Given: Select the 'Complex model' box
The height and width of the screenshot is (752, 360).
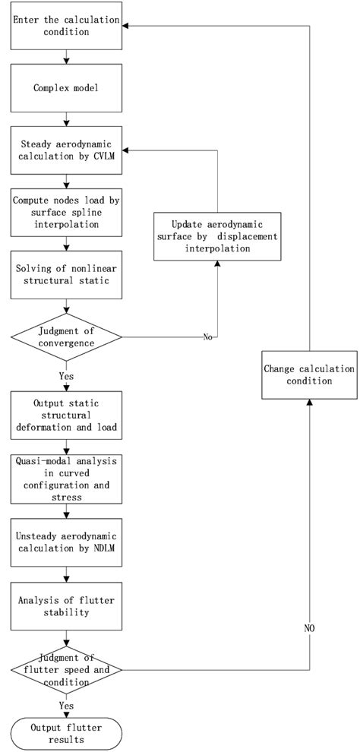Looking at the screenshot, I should click(x=67, y=87).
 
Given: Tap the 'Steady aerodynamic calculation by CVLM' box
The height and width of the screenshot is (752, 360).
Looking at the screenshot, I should click(x=67, y=150).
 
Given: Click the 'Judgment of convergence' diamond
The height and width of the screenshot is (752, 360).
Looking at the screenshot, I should click(x=67, y=336).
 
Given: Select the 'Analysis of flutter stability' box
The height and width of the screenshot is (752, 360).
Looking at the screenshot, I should click(x=67, y=605).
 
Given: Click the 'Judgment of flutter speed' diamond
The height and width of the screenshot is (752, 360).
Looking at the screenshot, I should click(x=67, y=669).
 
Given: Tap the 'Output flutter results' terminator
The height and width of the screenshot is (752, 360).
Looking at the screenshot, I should click(x=67, y=733).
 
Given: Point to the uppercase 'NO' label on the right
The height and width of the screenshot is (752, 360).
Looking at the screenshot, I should click(x=309, y=629).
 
